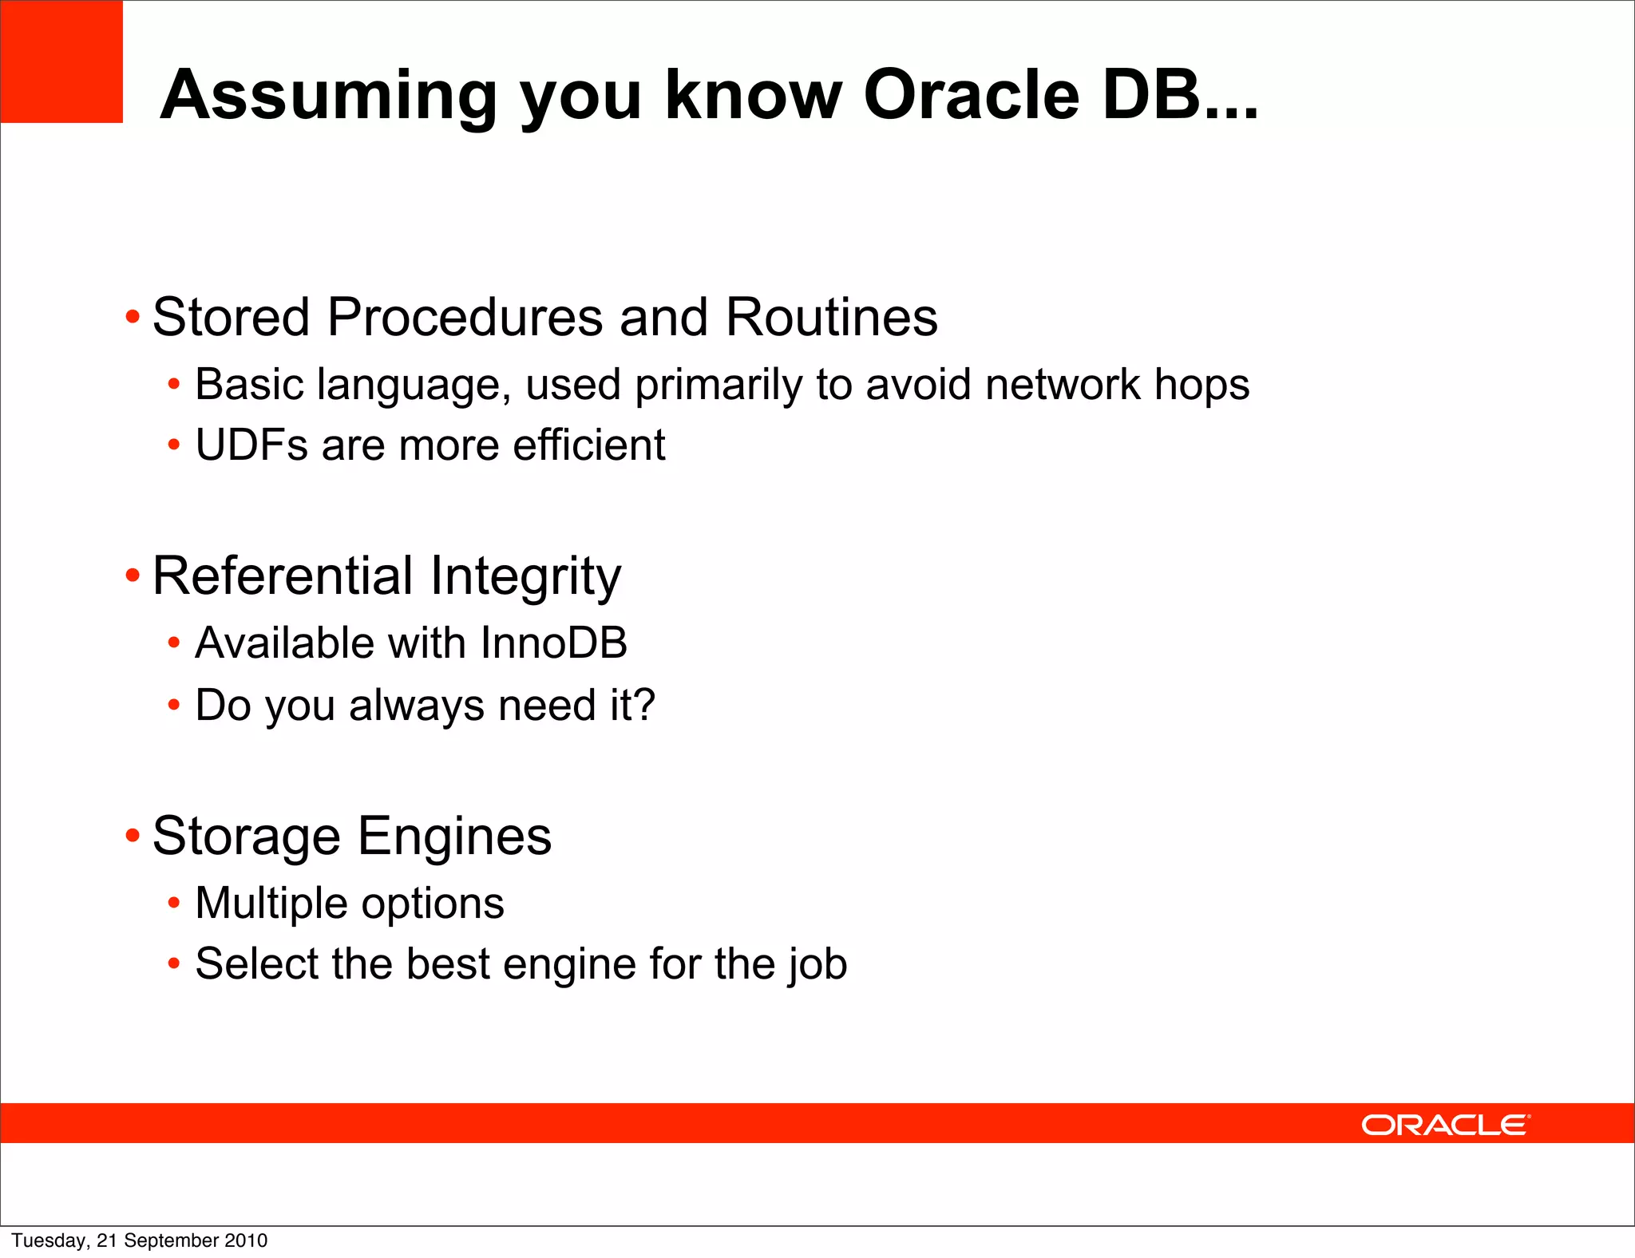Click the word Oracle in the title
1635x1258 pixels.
pyautogui.click(x=971, y=95)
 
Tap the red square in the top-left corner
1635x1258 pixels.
pyautogui.click(x=61, y=61)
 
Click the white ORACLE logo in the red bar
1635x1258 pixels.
pyautogui.click(x=1445, y=1125)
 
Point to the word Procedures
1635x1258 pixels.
pyautogui.click(x=465, y=318)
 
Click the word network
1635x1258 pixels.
pyautogui.click(x=1062, y=385)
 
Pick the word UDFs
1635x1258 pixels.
pyautogui.click(x=251, y=445)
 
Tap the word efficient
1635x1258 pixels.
pyautogui.click(x=588, y=445)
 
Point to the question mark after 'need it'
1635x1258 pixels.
pyautogui.click(x=644, y=705)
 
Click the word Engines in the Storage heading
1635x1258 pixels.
pyautogui.click(x=454, y=837)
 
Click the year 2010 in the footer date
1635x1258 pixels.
pyautogui.click(x=246, y=1240)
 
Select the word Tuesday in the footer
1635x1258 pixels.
pyautogui.click(x=49, y=1240)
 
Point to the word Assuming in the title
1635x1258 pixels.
pyautogui.click(x=328, y=95)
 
